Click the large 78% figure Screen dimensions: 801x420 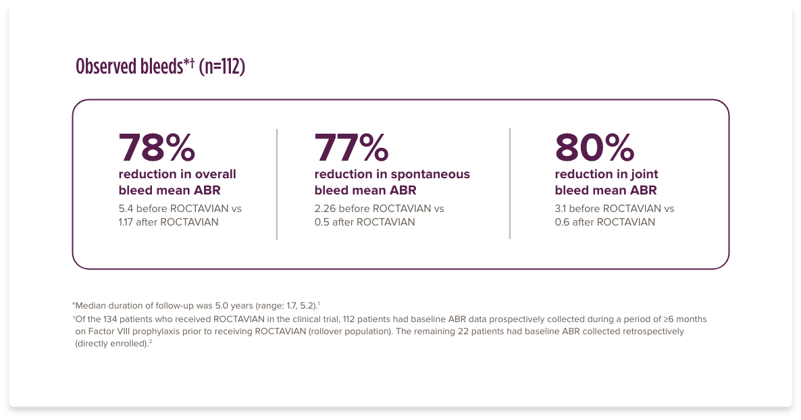click(x=157, y=147)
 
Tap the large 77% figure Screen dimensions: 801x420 click(x=351, y=147)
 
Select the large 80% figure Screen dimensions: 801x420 click(x=594, y=147)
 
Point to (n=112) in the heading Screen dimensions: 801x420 click(x=222, y=66)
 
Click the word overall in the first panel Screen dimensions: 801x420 click(x=215, y=174)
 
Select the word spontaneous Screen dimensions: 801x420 click(x=431, y=175)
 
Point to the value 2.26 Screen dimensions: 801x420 click(x=325, y=209)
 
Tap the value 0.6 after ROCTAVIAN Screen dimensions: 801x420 click(x=562, y=221)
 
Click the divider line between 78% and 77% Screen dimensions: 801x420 click(x=277, y=184)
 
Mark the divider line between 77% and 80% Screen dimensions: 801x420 click(x=510, y=184)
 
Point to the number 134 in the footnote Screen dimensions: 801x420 click(x=111, y=319)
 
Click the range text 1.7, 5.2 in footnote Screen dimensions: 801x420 click(x=301, y=306)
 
